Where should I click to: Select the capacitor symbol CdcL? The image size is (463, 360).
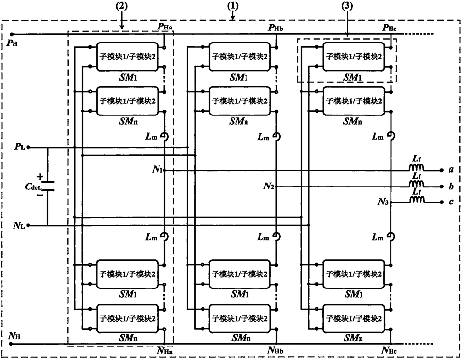tap(48, 186)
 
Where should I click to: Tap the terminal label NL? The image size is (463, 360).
tap(19, 225)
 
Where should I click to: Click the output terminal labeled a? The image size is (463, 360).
tap(450, 170)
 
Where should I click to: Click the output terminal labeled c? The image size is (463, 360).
tap(450, 202)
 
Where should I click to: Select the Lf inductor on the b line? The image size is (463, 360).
tap(417, 186)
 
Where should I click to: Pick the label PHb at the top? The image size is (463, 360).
tap(279, 27)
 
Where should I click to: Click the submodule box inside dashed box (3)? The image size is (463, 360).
tap(354, 57)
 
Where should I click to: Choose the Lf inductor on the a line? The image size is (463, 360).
tap(417, 169)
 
